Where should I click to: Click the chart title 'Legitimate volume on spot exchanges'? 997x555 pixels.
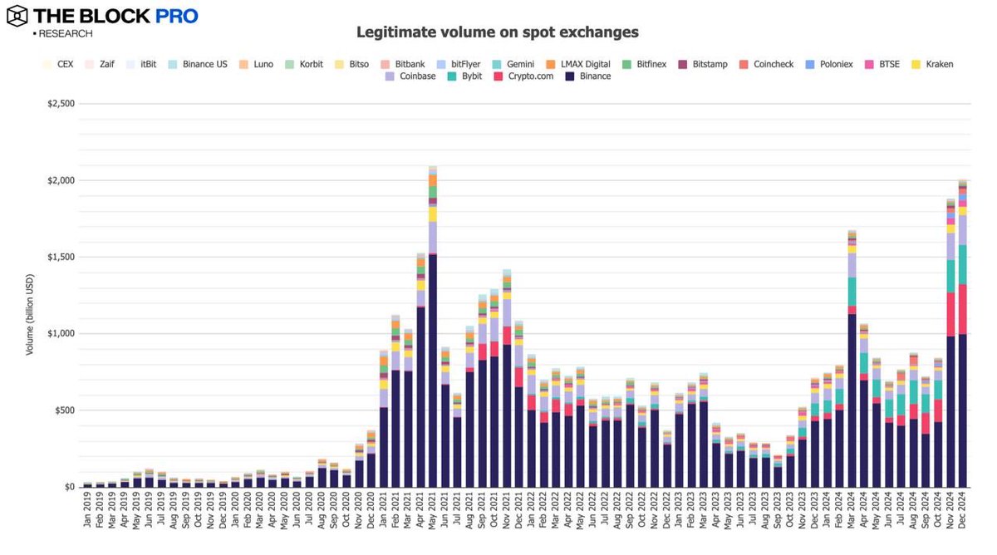coord(498,32)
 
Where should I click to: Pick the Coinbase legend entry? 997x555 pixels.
coord(410,76)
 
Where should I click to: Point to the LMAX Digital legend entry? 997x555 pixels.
coord(578,64)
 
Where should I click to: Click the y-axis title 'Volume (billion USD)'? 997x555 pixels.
coord(30,312)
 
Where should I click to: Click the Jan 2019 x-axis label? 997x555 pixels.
coord(88,517)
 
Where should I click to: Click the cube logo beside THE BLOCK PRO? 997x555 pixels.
coord(17,16)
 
